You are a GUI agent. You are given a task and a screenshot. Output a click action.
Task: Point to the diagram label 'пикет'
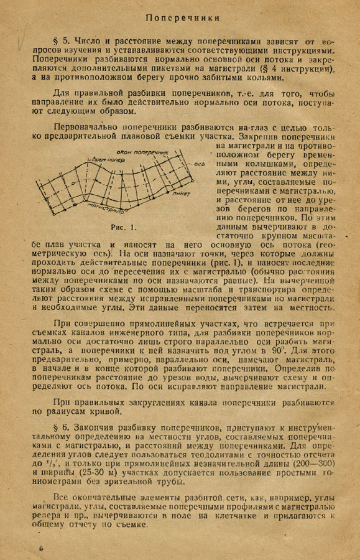[x=182, y=194]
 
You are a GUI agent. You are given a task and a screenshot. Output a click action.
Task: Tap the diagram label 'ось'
[x=199, y=164]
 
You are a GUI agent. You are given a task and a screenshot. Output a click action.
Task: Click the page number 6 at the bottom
[x=41, y=548]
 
